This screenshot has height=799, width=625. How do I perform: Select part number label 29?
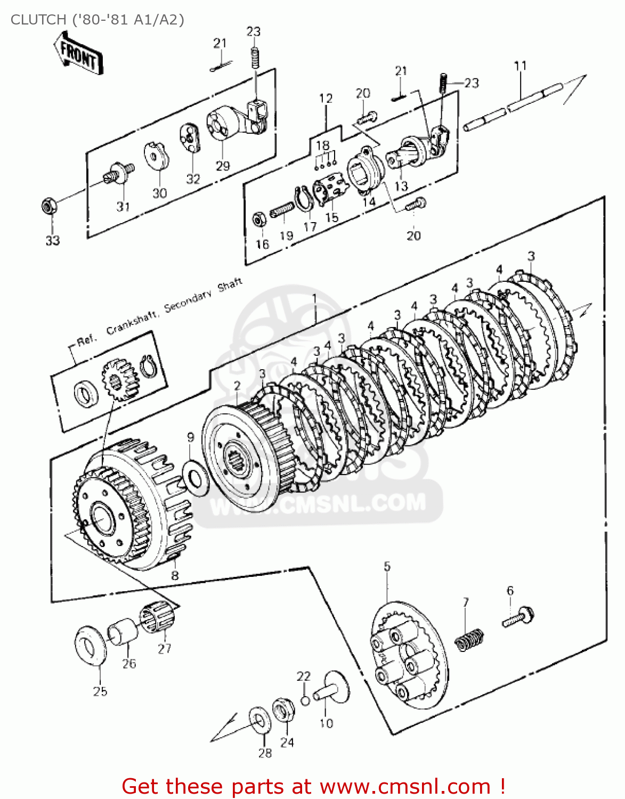(223, 166)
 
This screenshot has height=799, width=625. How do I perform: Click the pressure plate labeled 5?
(409, 655)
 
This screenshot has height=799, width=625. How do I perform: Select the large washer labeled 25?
(90, 646)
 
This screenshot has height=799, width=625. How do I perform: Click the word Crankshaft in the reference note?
(132, 322)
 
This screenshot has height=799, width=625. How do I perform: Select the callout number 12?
(326, 99)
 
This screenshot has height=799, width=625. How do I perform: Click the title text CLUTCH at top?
(38, 20)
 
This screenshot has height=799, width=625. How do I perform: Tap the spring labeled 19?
(282, 211)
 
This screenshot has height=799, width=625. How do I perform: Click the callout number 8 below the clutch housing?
(175, 575)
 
